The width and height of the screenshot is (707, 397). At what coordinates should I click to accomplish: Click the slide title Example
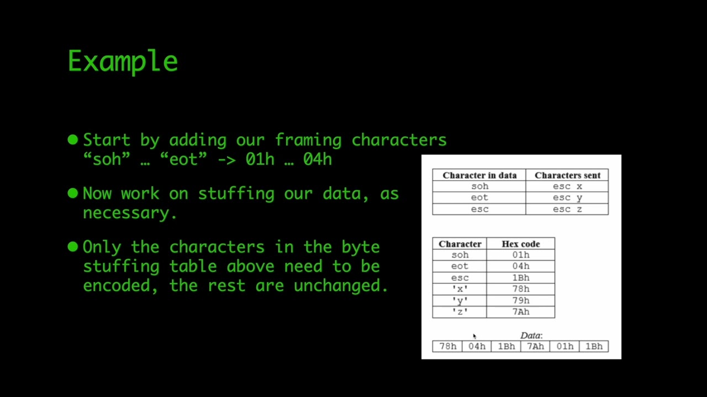pos(123,61)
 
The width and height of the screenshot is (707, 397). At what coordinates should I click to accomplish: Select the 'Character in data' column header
pos(479,175)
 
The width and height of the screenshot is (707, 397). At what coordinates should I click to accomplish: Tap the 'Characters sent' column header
pos(567,175)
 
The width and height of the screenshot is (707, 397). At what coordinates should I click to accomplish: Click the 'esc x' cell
pos(567,186)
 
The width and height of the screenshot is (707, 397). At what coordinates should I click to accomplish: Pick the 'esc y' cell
pos(567,197)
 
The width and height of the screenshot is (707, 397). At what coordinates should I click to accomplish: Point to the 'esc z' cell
pos(567,209)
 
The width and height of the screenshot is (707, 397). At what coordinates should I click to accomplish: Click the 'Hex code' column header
pos(520,244)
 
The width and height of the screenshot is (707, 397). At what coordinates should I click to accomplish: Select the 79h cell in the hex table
pos(520,301)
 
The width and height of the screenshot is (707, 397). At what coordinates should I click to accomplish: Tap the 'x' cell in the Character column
pos(460,289)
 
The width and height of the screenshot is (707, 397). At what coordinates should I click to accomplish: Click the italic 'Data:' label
pos(531,335)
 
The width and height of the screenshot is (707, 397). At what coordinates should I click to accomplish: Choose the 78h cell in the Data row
pos(447,346)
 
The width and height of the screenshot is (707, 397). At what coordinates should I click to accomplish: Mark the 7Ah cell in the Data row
pos(535,346)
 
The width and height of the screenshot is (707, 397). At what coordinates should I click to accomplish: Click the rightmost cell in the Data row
pos(594,346)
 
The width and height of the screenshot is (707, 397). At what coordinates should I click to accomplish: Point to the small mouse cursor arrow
pos(474,336)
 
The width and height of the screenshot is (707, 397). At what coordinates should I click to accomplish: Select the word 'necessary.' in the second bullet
pos(130,213)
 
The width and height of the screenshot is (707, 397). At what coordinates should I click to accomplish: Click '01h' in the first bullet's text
pos(260,159)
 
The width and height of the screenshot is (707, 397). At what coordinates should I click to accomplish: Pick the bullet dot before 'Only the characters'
pos(73,247)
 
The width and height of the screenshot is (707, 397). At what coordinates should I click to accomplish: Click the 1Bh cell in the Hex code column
pos(520,278)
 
